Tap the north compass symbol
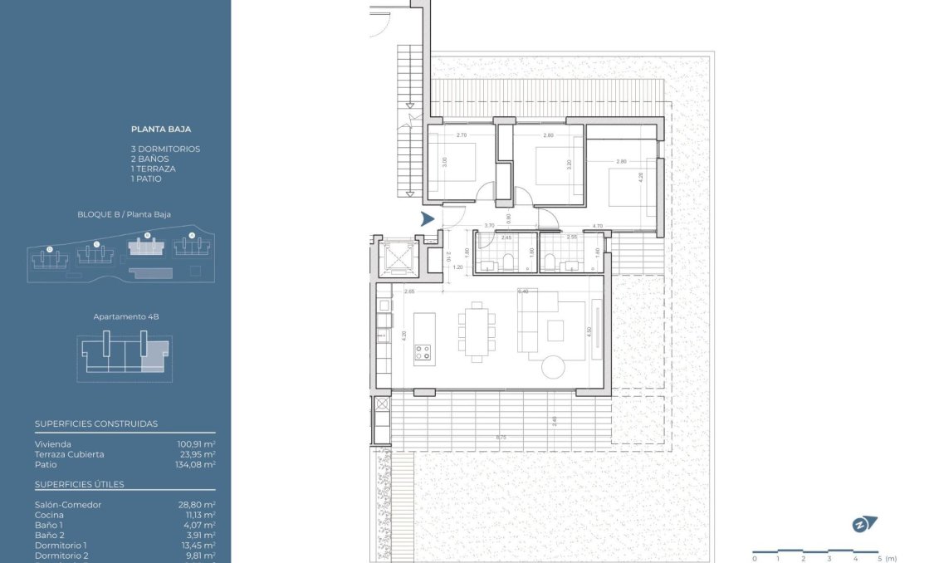click(x=864, y=524)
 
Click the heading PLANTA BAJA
click(x=161, y=130)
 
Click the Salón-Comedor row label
click(x=68, y=505)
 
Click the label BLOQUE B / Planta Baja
click(x=124, y=214)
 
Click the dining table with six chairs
click(x=477, y=331)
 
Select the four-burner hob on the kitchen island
click(x=423, y=352)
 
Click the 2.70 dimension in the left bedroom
click(x=462, y=135)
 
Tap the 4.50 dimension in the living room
click(x=589, y=330)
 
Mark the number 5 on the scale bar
click(x=878, y=558)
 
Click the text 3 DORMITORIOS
click(x=165, y=149)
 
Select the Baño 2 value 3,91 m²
click(x=199, y=536)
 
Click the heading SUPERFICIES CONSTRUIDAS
click(x=96, y=423)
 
